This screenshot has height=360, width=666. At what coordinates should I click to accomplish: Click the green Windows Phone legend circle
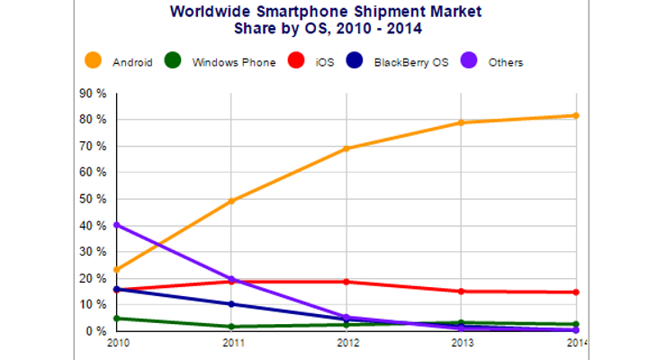pyautogui.click(x=175, y=62)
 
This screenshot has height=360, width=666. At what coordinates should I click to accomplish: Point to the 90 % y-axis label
pyautogui.click(x=94, y=93)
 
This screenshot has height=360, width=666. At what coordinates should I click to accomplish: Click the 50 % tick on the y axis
pyautogui.click(x=94, y=199)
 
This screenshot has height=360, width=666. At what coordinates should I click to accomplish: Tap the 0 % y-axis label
pyautogui.click(x=97, y=331)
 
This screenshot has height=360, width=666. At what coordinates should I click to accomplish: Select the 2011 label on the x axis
pyautogui.click(x=231, y=343)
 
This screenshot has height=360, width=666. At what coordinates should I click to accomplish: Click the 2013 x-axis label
pyautogui.click(x=461, y=343)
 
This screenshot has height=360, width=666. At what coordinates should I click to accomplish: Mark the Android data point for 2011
pyautogui.click(x=231, y=201)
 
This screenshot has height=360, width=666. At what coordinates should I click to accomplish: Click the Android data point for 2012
pyautogui.click(x=346, y=148)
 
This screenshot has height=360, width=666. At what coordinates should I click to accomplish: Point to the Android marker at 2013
pyautogui.click(x=461, y=122)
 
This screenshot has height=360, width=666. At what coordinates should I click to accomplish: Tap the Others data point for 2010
pyautogui.click(x=117, y=225)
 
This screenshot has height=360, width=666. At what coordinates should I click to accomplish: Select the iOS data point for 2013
pyautogui.click(x=461, y=292)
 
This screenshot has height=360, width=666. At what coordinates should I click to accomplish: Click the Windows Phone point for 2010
pyautogui.click(x=117, y=319)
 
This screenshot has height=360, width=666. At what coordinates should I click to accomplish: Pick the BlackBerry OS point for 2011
pyautogui.click(x=231, y=304)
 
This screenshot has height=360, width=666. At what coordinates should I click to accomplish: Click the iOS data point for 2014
pyautogui.click(x=575, y=292)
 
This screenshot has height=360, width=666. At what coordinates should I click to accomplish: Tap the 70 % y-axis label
pyautogui.click(x=94, y=146)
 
